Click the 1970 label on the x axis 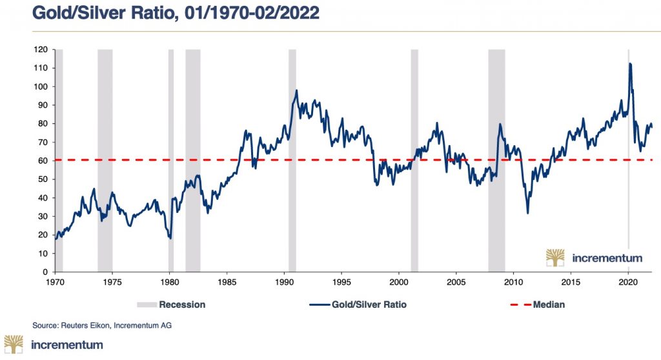(x=55, y=282)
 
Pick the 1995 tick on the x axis (x=342, y=282)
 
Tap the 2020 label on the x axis (x=629, y=282)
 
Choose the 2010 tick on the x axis (x=514, y=282)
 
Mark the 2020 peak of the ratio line (x=630, y=63)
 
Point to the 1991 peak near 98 (x=296, y=90)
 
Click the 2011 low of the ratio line (x=528, y=213)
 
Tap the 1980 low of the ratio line (x=170, y=238)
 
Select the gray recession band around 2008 (x=496, y=161)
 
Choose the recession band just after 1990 (x=292, y=161)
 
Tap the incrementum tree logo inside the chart (x=555, y=257)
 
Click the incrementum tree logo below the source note (x=14, y=345)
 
